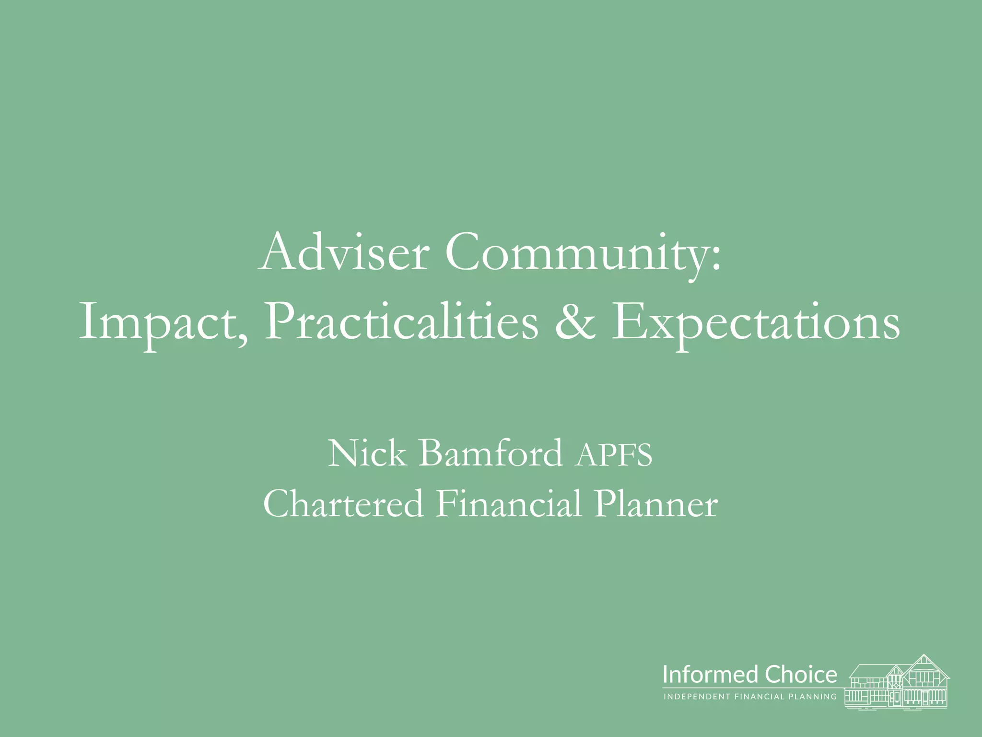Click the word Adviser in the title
pyautogui.click(x=342, y=253)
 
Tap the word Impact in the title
pyautogui.click(x=161, y=322)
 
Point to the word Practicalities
pyautogui.click(x=401, y=322)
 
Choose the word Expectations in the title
pyautogui.click(x=756, y=322)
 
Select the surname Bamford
pyautogui.click(x=491, y=453)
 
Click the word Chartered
pyautogui.click(x=343, y=503)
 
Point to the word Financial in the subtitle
pyautogui.click(x=509, y=503)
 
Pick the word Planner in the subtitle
pyautogui.click(x=655, y=503)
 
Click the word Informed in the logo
pyautogui.click(x=711, y=674)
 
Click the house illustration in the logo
pyautogui.click(x=897, y=681)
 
